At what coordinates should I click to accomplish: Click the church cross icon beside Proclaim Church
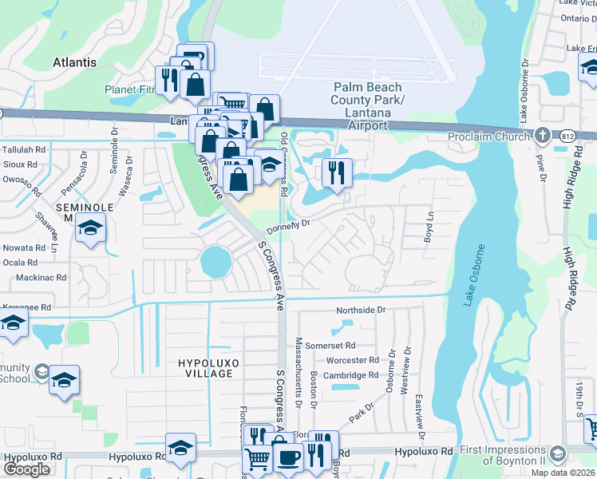(x=543, y=135)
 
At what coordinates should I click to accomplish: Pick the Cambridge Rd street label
(x=351, y=375)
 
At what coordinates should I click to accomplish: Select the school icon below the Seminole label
(x=90, y=228)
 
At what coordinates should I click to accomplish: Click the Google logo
(x=27, y=469)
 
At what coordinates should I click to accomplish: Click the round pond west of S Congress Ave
(x=215, y=259)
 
